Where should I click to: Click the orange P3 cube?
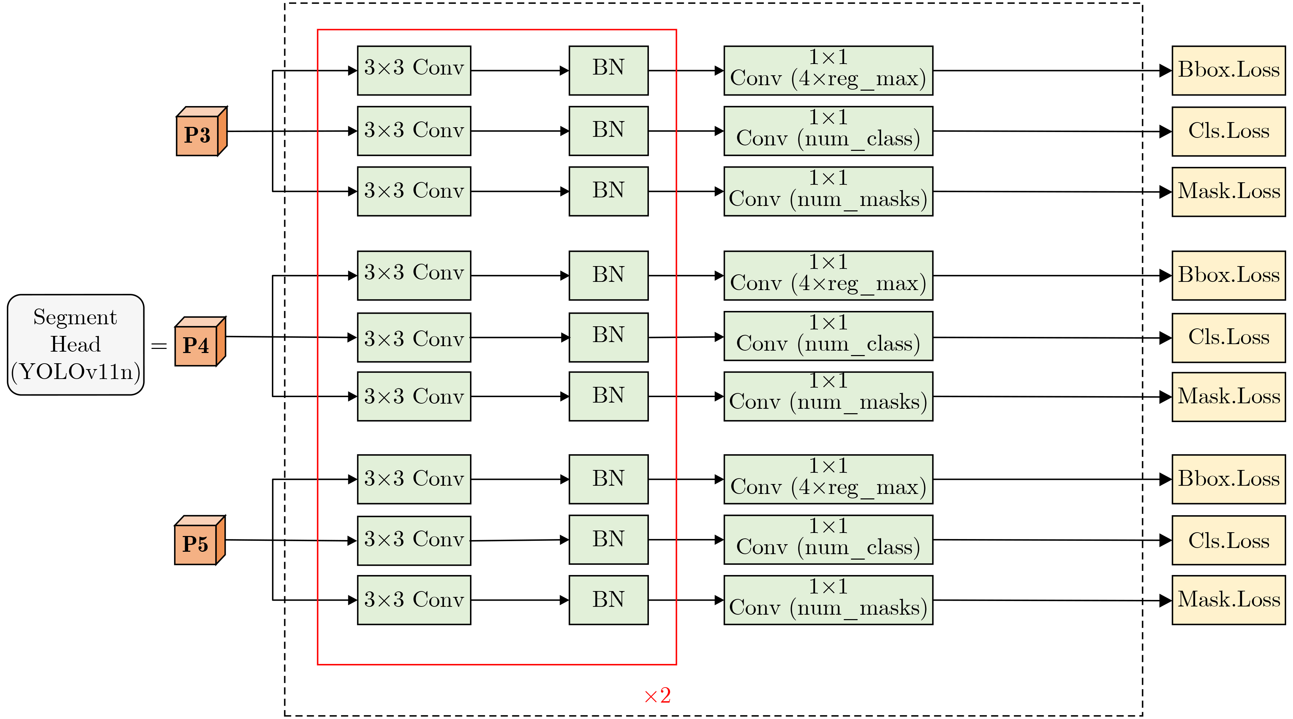pyautogui.click(x=201, y=132)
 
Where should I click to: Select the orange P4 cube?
pyautogui.click(x=199, y=342)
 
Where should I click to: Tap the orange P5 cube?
pyautogui.click(x=199, y=541)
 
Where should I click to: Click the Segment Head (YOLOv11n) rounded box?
pyautogui.click(x=76, y=345)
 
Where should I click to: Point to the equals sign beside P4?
pyautogui.click(x=159, y=346)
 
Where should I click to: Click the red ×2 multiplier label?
pyautogui.click(x=657, y=696)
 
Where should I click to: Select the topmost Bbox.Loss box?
pyautogui.click(x=1228, y=71)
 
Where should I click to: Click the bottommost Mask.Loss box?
pyautogui.click(x=1228, y=600)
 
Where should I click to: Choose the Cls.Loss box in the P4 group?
pyautogui.click(x=1228, y=338)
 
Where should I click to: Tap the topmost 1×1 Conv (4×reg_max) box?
pyautogui.click(x=828, y=71)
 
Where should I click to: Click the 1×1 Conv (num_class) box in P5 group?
pyautogui.click(x=828, y=540)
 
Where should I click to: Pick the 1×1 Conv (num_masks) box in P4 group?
pyautogui.click(x=828, y=396)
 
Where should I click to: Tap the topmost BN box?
pyautogui.click(x=608, y=71)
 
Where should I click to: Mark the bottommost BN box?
pyautogui.click(x=608, y=600)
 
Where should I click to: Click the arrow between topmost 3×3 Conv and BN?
pyautogui.click(x=520, y=71)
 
